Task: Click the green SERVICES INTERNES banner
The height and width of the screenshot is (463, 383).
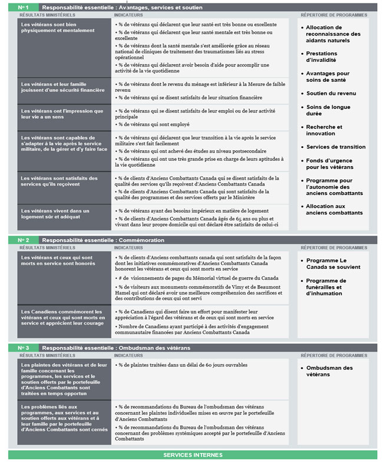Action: point(193,455)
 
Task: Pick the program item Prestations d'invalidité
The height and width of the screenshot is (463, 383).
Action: point(321,57)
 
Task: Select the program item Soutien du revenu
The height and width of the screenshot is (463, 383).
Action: point(332,93)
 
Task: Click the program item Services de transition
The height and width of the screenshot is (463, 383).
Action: point(336,147)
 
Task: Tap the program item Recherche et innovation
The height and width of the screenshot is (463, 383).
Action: point(324,130)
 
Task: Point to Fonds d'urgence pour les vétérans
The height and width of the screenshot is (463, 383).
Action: point(329,164)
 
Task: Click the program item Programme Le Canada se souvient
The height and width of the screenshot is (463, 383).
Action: point(326,263)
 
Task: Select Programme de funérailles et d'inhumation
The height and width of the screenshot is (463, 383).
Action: point(326,287)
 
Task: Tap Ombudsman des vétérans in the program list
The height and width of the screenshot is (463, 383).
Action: point(329,371)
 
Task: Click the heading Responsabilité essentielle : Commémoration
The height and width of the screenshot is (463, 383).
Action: point(103,240)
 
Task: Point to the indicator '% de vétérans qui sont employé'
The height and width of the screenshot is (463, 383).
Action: point(154,124)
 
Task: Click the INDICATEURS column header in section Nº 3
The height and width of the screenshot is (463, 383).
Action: point(129,356)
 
